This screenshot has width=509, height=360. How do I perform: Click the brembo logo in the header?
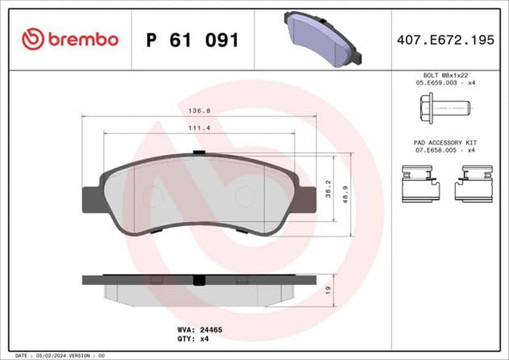click(x=69, y=39)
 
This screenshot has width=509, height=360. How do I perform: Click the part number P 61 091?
click(x=192, y=40)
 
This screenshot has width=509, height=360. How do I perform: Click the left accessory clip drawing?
click(x=420, y=183)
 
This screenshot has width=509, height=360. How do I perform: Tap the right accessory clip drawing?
click(x=474, y=183)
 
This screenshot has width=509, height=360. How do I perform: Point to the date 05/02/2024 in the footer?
click(x=56, y=356)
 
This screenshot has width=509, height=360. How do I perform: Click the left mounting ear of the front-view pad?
click(x=93, y=197)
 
